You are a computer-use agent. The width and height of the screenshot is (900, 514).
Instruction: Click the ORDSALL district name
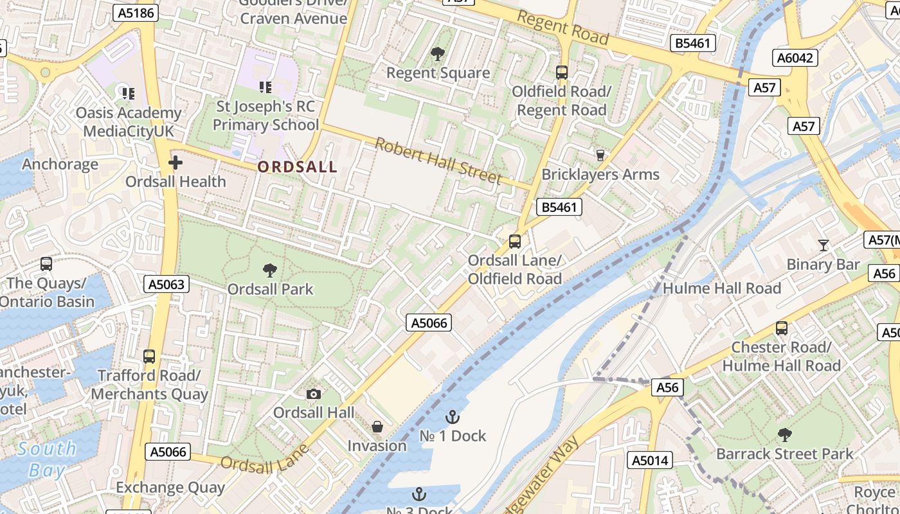(x=297, y=167)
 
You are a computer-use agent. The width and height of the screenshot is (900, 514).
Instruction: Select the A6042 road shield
(x=795, y=58)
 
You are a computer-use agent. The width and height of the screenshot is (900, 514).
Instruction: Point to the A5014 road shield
(x=651, y=460)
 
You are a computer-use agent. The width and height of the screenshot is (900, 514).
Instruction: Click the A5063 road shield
(x=166, y=284)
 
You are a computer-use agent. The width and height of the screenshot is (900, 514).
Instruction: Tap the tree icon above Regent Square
(x=438, y=54)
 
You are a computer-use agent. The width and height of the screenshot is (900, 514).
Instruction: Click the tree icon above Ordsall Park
(x=270, y=270)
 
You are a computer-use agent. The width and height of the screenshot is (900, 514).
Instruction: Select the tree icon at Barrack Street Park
(x=784, y=435)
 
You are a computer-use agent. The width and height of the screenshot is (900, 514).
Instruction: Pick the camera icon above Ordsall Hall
(x=314, y=394)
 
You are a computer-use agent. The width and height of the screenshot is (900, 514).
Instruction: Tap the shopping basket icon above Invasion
(x=377, y=427)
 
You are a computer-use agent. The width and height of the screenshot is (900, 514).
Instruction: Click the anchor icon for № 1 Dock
(x=453, y=417)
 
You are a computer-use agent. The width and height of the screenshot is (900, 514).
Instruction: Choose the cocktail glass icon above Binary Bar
(x=823, y=245)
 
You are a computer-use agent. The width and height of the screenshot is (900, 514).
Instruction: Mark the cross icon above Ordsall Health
(x=175, y=163)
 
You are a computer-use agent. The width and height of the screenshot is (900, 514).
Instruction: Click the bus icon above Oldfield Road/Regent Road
(x=562, y=72)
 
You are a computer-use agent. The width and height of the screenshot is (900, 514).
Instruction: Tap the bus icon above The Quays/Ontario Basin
(x=46, y=263)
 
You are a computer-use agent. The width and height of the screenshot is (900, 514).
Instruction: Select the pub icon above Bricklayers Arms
(x=600, y=155)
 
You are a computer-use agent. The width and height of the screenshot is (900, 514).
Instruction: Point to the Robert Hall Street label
(x=438, y=160)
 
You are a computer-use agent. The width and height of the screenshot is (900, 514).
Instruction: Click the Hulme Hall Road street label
(x=721, y=288)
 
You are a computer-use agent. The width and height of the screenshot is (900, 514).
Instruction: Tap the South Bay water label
(x=46, y=459)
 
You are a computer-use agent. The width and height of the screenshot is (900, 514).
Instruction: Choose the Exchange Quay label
(x=170, y=488)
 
